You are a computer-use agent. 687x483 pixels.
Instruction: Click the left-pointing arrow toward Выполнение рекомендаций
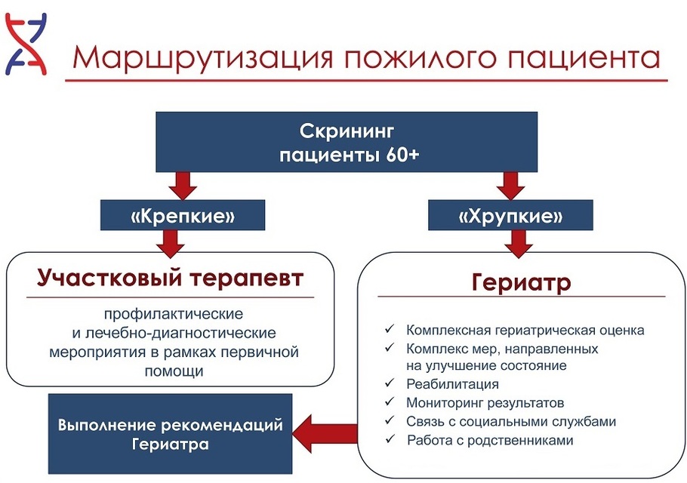tap(325, 432)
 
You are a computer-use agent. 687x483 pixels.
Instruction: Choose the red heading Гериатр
tap(521, 284)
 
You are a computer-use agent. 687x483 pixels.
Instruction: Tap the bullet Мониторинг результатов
tap(485, 403)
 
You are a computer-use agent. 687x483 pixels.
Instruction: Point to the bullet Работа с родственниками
tap(490, 440)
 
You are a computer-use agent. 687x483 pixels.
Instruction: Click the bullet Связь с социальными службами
tap(511, 421)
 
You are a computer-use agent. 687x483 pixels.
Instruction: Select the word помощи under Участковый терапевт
tap(174, 371)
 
